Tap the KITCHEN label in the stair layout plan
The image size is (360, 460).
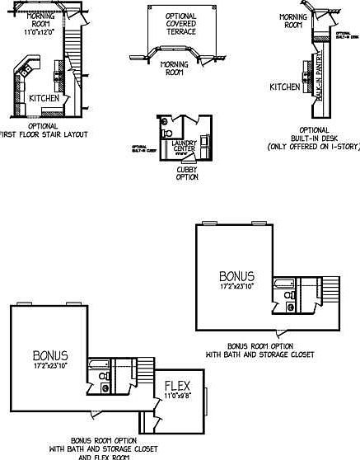(x=44, y=97)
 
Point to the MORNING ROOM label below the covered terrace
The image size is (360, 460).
(x=173, y=68)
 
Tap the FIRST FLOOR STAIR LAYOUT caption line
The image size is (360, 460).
(x=44, y=134)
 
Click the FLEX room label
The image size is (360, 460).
(x=178, y=386)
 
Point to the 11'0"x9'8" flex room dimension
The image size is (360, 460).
(x=178, y=397)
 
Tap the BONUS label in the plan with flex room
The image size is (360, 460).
(x=50, y=356)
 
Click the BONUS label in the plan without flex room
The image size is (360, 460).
(x=236, y=276)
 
